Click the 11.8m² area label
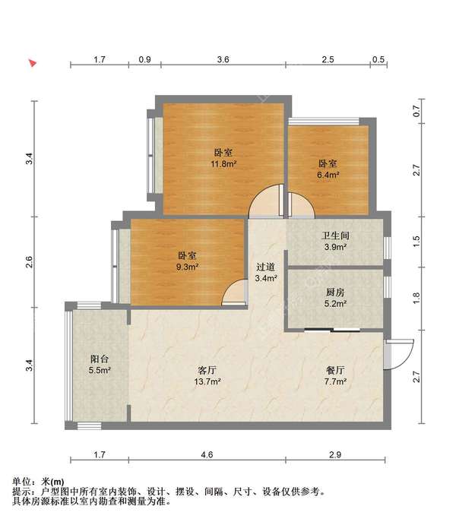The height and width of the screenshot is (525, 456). point(223,164)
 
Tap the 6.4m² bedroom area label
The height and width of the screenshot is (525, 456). point(328,175)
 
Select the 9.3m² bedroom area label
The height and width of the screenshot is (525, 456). point(188,267)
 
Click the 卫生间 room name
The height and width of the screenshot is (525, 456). point(335,236)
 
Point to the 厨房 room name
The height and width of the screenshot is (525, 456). point(335,293)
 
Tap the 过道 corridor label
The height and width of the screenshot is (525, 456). point(265,267)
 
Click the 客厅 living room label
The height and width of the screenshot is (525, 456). point(207,370)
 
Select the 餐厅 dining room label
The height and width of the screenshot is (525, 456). point(335,370)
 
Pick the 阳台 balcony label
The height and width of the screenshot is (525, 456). point(100,359)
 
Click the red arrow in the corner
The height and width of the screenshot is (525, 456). point(33,62)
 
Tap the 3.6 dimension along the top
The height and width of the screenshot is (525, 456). point(223,59)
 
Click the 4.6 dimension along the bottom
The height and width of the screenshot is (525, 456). point(207,454)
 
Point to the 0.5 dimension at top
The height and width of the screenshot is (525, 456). point(378,59)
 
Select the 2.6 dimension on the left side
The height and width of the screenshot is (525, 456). point(30,261)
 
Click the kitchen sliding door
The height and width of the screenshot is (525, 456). point(332,330)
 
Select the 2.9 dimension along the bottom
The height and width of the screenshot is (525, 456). point(335,454)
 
